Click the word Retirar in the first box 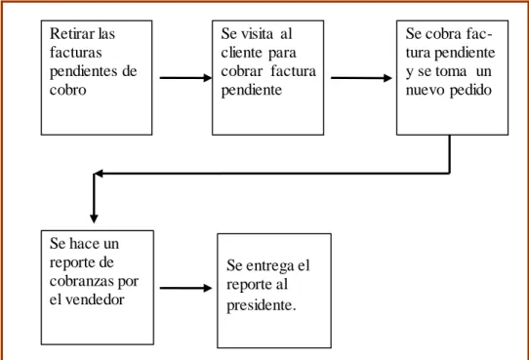(x=71, y=33)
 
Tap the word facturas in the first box (x=75, y=53)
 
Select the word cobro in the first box (x=67, y=90)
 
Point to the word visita (x=257, y=33)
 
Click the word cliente (x=241, y=53)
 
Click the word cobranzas (x=82, y=281)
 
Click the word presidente (x=262, y=306)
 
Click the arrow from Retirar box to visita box (x=185, y=78)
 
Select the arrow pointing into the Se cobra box (x=361, y=78)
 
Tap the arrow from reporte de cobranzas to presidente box (x=185, y=288)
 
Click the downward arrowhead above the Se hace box (x=94, y=219)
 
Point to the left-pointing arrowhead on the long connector (x=99, y=174)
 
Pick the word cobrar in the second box (x=241, y=71)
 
